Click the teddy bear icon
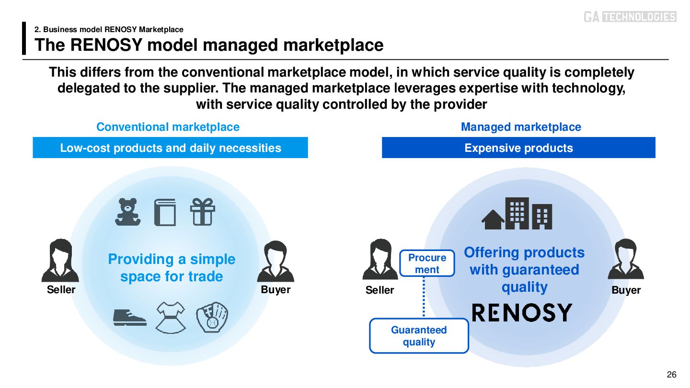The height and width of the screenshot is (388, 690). [128, 212]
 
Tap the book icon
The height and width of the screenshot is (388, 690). [165, 212]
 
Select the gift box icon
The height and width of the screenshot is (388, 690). [202, 212]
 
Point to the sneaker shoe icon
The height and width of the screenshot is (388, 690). [129, 317]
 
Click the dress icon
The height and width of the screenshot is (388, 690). [171, 317]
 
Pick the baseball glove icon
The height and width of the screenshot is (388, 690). [212, 317]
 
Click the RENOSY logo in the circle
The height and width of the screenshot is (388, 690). [522, 313]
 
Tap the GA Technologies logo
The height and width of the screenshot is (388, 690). [630, 17]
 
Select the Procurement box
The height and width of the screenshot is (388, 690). [427, 263]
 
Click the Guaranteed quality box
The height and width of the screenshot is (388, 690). [419, 336]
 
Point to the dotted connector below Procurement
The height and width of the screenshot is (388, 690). [424, 297]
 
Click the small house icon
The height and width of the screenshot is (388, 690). [493, 220]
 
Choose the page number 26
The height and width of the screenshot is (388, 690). [671, 375]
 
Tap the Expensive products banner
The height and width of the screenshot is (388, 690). [518, 148]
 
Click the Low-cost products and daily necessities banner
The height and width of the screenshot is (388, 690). [170, 148]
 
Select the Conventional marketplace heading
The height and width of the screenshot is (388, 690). [168, 127]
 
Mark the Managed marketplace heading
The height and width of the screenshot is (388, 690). [521, 127]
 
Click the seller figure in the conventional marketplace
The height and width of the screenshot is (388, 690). [60, 261]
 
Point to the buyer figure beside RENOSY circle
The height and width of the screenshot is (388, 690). [626, 260]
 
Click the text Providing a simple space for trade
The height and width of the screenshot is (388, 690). [172, 268]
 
